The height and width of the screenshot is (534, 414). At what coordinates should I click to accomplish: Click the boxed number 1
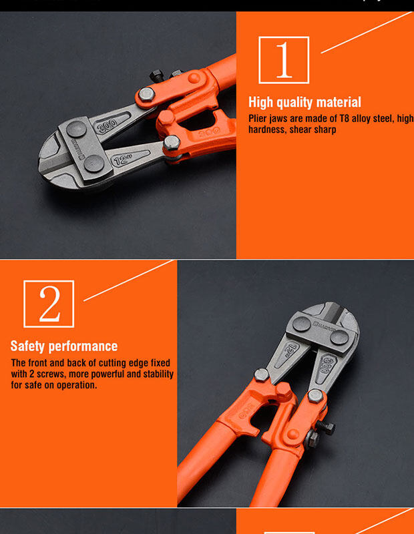click(x=284, y=60)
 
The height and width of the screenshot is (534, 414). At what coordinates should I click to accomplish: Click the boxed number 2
click(x=49, y=304)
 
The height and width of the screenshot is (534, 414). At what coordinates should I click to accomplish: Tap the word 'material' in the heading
click(x=338, y=102)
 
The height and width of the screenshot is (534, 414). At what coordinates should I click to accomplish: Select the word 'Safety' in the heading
click(x=27, y=346)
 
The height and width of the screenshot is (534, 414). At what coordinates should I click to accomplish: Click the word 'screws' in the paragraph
click(x=51, y=374)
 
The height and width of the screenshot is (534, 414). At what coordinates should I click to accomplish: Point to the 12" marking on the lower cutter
click(x=290, y=349)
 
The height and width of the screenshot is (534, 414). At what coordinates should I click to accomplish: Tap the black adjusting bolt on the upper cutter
click(x=157, y=75)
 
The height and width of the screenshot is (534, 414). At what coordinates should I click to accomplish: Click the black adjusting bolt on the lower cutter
click(x=325, y=427)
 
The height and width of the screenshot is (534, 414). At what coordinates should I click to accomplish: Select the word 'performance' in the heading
click(x=83, y=346)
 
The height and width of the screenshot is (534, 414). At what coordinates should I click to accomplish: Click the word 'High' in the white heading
click(x=260, y=102)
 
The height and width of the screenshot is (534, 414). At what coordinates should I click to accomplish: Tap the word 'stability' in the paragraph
click(x=158, y=374)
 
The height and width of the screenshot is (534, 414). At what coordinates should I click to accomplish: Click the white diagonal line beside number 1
click(x=367, y=32)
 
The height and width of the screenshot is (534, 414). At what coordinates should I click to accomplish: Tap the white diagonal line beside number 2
click(x=129, y=280)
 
